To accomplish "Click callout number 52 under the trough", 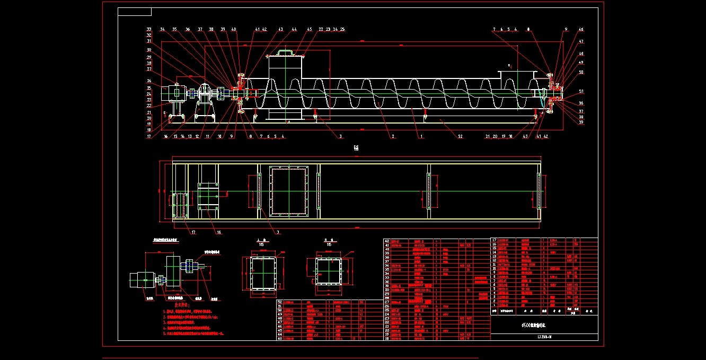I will pos(460,136).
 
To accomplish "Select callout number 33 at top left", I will pos(149,29).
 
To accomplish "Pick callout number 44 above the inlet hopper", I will pos(294,29).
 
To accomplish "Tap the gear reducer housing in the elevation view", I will pos(204,94).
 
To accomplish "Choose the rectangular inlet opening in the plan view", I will pos(289,191).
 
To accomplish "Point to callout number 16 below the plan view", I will pos(218,232).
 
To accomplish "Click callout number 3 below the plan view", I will pos(278,232).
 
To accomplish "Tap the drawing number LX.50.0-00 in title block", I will pos(544,337).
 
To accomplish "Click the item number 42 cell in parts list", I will pos(386,240).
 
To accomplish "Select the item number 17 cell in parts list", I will pos(495,240).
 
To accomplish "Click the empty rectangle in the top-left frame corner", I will pos(135,12).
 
